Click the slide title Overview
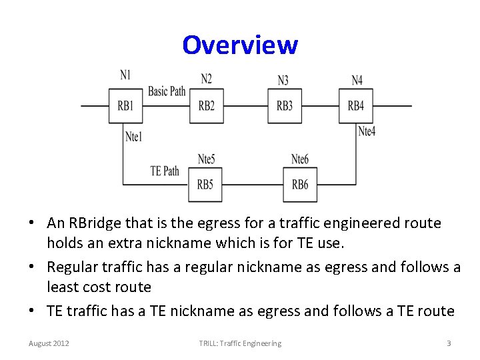click(240, 45)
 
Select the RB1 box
click(125, 105)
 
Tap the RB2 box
click(206, 105)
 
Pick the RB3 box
click(285, 105)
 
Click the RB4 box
click(356, 105)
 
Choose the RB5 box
click(205, 184)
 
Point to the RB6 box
click(300, 184)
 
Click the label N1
click(125, 75)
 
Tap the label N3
click(283, 81)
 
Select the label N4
click(357, 81)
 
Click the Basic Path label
click(167, 91)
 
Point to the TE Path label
click(165, 171)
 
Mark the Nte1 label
click(134, 137)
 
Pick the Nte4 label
click(367, 131)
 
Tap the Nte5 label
click(207, 159)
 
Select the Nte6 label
click(300, 159)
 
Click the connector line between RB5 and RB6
click(253, 184)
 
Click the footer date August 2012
click(49, 343)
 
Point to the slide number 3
click(449, 343)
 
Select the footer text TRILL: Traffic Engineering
click(240, 343)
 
